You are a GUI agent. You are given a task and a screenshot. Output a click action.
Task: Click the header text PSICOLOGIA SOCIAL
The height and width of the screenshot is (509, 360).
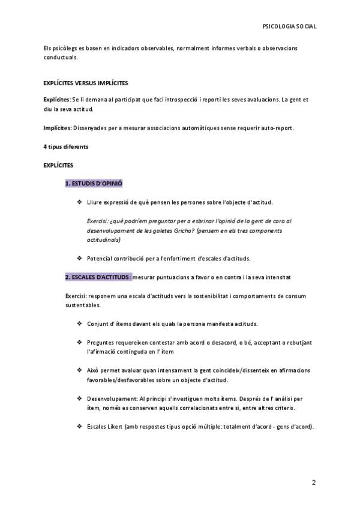coord(290,27)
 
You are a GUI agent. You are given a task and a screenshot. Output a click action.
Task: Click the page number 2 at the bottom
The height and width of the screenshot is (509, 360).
coord(313,483)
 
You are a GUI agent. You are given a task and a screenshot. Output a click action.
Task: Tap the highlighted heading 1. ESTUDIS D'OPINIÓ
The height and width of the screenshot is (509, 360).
coord(94,183)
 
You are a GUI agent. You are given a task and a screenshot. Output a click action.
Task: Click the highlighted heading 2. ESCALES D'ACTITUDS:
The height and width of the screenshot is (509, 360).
coord(98,278)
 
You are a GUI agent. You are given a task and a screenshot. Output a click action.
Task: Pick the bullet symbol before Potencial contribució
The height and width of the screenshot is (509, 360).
coord(80,259)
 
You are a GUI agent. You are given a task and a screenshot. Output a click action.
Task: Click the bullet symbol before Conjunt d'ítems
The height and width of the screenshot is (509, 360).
coord(80,324)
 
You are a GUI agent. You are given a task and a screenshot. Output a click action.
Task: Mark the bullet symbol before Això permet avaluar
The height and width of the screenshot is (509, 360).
coord(80,370)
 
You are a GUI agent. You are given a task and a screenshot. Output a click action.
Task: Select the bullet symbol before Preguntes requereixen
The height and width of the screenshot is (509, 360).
coord(80,342)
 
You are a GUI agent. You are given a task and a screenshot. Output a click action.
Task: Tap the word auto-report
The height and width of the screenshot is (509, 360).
coord(277,128)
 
